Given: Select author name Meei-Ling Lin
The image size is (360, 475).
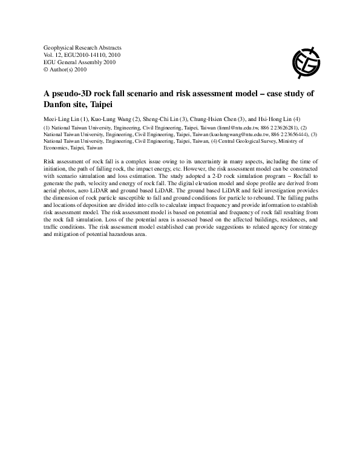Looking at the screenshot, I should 63,119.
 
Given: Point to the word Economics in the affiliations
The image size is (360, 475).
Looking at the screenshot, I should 57,147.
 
